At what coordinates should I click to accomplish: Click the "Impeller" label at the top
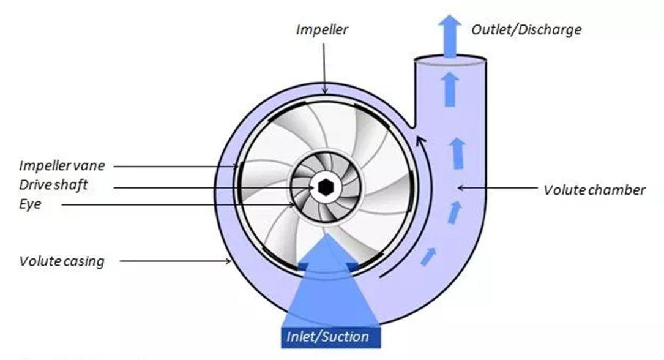[322, 29]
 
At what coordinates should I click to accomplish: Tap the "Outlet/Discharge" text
[526, 29]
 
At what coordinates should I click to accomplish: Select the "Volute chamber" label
[594, 190]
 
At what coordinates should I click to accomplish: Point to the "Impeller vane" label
[62, 165]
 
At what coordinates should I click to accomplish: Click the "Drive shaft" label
[53, 185]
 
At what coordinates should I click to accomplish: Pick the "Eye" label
[30, 204]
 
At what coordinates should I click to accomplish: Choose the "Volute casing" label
[61, 261]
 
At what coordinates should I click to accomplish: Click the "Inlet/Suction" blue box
[328, 336]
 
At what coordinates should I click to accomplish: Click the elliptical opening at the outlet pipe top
[450, 60]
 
